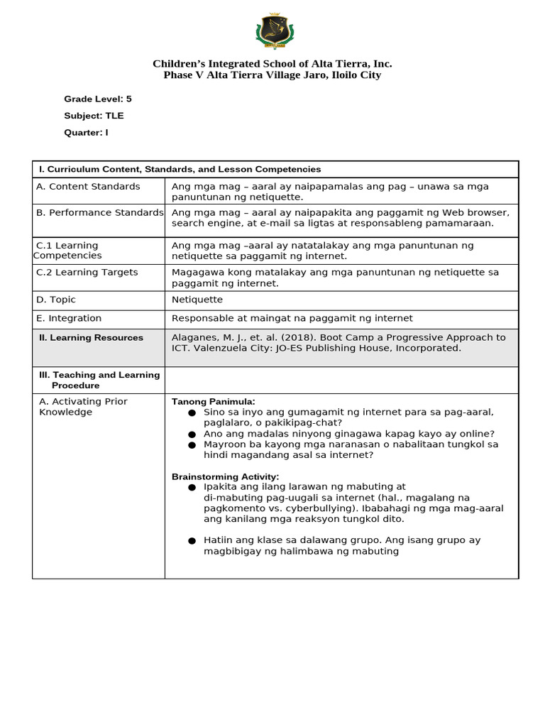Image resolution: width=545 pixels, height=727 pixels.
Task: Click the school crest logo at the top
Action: point(273,31)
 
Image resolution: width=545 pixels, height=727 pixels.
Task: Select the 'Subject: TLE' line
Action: point(94,116)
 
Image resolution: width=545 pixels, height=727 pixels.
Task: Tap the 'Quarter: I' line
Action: point(86,133)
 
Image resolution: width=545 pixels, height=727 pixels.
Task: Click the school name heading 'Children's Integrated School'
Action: point(272,64)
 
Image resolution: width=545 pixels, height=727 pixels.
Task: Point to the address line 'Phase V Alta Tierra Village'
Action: point(272,75)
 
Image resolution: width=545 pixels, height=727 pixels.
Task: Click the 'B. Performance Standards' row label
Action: point(99,213)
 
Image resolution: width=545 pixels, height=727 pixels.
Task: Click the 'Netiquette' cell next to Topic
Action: point(197,300)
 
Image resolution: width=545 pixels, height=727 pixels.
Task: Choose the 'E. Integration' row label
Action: point(70,319)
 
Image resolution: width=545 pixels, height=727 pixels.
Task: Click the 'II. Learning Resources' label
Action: point(91,338)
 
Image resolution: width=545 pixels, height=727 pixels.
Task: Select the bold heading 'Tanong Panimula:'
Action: point(213,402)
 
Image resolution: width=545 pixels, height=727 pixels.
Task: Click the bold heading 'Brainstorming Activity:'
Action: point(225,476)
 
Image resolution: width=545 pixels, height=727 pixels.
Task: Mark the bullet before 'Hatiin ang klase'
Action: point(192,541)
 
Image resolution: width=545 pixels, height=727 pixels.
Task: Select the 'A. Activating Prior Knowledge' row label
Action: point(83,407)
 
